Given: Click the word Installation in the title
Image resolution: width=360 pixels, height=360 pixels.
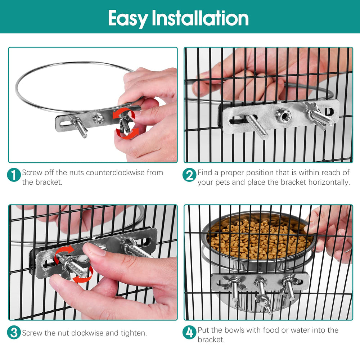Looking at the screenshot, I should coord(200,18).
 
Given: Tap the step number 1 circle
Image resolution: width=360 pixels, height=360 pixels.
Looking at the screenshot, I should coord(14,175).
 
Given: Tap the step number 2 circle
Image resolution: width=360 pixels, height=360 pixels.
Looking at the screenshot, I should coord(189,175).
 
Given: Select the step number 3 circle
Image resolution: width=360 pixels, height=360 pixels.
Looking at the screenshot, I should coord(14,333).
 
